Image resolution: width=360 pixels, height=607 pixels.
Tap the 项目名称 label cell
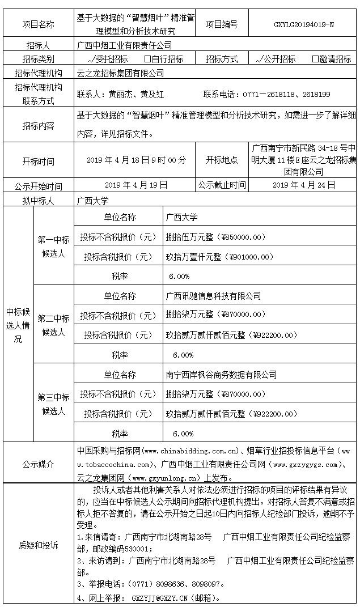(38, 24)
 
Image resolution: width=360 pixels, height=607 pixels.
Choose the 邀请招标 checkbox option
(331, 59)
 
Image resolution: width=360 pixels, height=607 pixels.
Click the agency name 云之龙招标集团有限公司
(120, 73)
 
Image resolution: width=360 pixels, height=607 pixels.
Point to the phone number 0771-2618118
(266, 94)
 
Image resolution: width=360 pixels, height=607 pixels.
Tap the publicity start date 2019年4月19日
(136, 185)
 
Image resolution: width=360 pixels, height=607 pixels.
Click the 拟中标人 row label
(38, 200)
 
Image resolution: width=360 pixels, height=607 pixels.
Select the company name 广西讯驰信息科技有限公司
(213, 296)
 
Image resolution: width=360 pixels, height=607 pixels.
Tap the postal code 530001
(138, 549)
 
